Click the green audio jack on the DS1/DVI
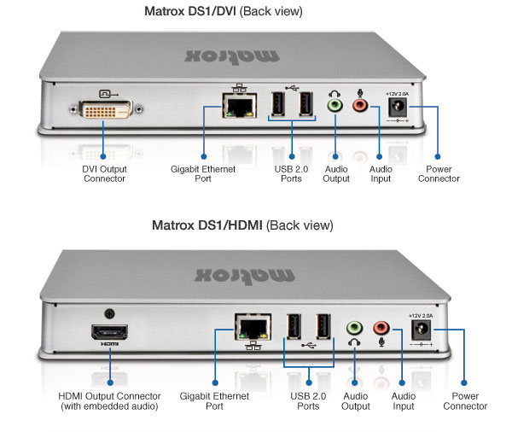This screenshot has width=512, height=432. (336, 106)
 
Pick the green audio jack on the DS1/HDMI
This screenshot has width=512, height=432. (354, 328)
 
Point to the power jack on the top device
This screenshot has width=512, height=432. (397, 107)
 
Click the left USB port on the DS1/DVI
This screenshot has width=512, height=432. (277, 104)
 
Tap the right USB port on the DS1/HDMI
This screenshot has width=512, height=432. (323, 328)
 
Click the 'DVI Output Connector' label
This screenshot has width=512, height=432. (103, 173)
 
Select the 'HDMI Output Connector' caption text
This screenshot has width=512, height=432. (109, 401)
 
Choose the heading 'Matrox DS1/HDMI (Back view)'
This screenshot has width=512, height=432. (242, 225)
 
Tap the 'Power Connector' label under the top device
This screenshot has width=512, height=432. (439, 173)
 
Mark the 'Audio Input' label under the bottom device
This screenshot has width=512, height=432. (402, 401)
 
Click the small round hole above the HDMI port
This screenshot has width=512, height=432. (108, 313)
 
